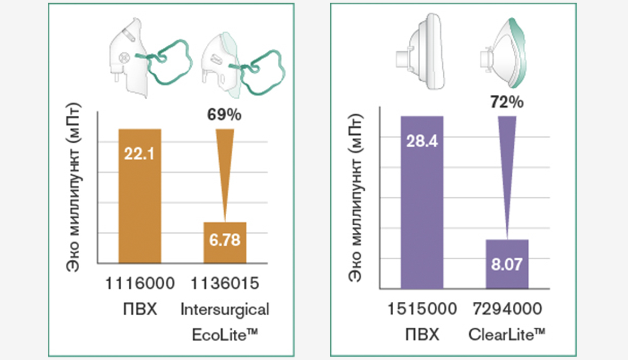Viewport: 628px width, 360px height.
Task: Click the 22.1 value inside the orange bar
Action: pos(139,155)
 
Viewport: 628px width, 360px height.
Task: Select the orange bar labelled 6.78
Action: pos(225,242)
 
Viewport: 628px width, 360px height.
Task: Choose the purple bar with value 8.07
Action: pos(507,264)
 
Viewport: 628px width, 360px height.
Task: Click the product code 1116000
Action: pos(139,283)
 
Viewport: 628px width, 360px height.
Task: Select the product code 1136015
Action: pos(225,283)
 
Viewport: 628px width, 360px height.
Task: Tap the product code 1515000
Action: pos(422,309)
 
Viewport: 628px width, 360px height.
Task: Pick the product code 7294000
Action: pos(507,309)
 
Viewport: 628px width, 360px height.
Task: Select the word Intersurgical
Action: pos(225,309)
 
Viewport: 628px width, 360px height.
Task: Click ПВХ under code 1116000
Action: pos(139,309)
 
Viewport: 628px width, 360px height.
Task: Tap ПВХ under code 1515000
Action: pos(422,335)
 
